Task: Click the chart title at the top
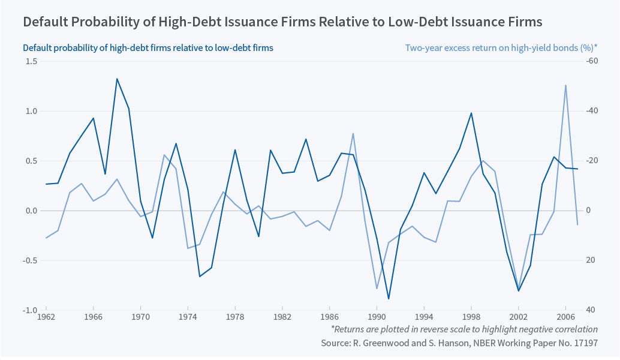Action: point(282,22)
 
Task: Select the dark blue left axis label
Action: point(148,48)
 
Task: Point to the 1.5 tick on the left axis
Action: point(30,61)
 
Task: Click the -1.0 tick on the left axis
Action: point(29,310)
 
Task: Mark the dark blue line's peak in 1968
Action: point(117,79)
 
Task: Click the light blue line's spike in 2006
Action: point(565,85)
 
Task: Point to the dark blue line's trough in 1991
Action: point(389,298)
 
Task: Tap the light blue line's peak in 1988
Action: point(353,133)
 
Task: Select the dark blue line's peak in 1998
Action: point(471,113)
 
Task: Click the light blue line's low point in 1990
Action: point(377,289)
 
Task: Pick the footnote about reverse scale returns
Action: point(464,329)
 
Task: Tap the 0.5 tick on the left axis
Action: point(30,161)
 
